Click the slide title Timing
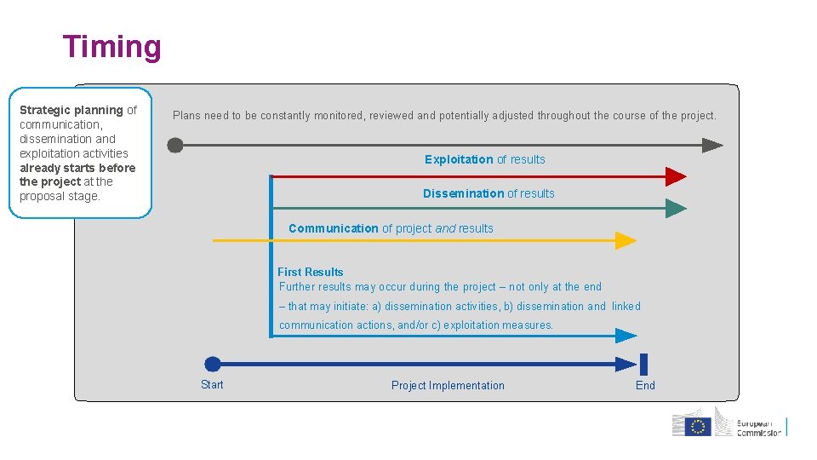pyautogui.click(x=111, y=47)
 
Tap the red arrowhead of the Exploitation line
pyautogui.click(x=676, y=176)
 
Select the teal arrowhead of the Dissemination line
pyautogui.click(x=676, y=208)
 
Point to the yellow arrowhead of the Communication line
pyautogui.click(x=626, y=241)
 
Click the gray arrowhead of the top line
pyautogui.click(x=712, y=146)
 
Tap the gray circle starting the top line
pyautogui.click(x=175, y=146)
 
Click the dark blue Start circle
pyautogui.click(x=213, y=365)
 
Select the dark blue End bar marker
pyautogui.click(x=643, y=365)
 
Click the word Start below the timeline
pyautogui.click(x=212, y=385)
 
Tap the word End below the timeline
pyautogui.click(x=645, y=386)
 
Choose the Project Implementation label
pyautogui.click(x=448, y=386)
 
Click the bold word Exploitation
pyautogui.click(x=459, y=159)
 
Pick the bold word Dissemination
pyautogui.click(x=463, y=193)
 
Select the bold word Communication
pyautogui.click(x=333, y=228)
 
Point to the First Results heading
pyautogui.click(x=311, y=272)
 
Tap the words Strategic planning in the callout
pyautogui.click(x=71, y=110)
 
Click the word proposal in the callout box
pyautogui.click(x=39, y=196)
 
